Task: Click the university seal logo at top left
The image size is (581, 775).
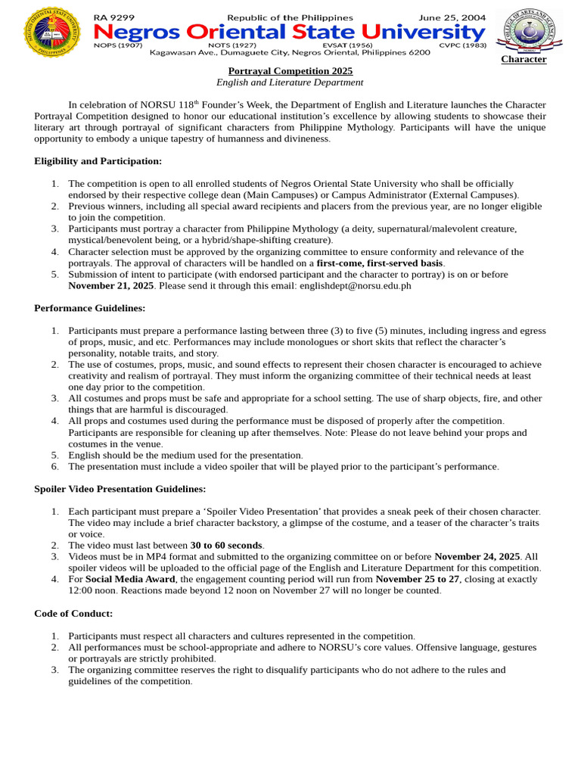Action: tap(51, 31)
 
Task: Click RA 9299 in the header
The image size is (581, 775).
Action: tap(111, 17)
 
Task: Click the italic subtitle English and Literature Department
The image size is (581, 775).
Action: tap(290, 82)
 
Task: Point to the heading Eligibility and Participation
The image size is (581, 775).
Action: tap(98, 161)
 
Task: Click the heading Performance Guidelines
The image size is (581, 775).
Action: tap(89, 308)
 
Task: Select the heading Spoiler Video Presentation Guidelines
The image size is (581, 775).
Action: tap(120, 489)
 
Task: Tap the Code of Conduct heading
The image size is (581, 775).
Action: tap(73, 613)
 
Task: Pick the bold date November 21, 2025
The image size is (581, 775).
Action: tap(110, 286)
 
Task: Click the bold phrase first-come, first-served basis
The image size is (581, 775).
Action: tap(380, 263)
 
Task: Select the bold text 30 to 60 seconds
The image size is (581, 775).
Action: tap(226, 545)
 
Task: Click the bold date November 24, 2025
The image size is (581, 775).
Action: tap(477, 556)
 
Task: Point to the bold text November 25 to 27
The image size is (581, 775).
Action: tap(418, 579)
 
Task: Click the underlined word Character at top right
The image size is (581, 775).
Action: tap(524, 59)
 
